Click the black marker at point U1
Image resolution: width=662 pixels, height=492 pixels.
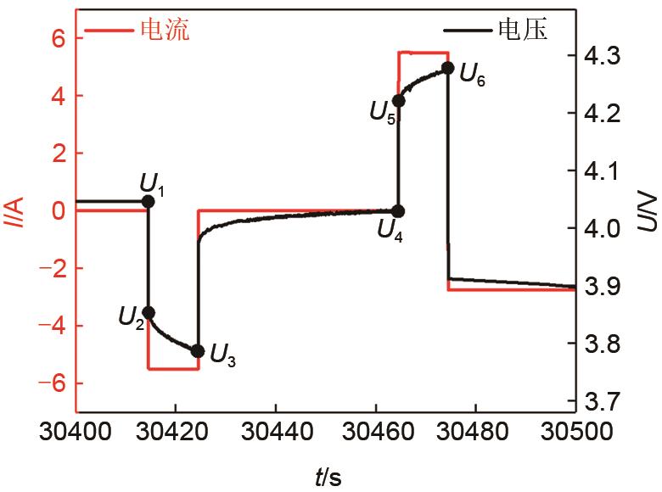pos(149,201)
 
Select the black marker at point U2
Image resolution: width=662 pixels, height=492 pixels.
pos(149,313)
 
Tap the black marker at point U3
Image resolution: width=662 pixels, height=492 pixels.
pos(198,351)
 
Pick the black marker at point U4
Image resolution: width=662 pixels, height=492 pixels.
pos(398,211)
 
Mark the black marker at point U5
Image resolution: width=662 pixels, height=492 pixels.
pos(399,101)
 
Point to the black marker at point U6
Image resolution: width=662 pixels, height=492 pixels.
pos(448,68)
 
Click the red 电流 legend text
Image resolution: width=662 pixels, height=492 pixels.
pos(164,31)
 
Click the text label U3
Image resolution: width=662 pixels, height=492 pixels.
pos(223,357)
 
